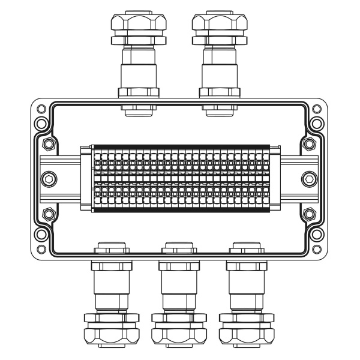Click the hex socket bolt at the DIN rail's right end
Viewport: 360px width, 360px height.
[x=309, y=179]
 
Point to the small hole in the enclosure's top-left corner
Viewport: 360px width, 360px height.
[x=41, y=109]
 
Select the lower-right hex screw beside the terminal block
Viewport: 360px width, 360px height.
[x=309, y=212]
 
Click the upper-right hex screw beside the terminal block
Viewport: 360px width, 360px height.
[x=309, y=145]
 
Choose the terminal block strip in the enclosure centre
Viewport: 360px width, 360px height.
[x=180, y=179]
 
